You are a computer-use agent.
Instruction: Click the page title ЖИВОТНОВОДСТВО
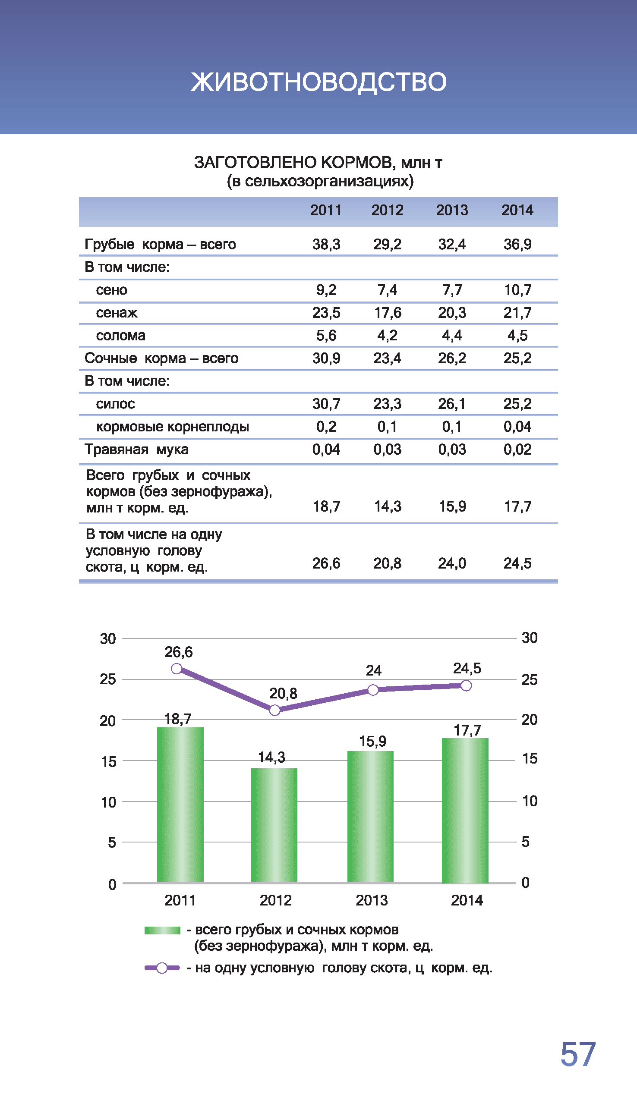click(x=318, y=82)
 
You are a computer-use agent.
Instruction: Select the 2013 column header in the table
click(x=452, y=211)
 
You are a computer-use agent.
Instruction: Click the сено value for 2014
click(x=517, y=290)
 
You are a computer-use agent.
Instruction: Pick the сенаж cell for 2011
click(x=326, y=313)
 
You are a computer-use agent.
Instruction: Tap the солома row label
click(x=121, y=336)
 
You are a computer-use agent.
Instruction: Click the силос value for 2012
click(x=387, y=404)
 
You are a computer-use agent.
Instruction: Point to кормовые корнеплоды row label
click(x=172, y=426)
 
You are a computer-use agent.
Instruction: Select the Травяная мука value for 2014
click(x=517, y=450)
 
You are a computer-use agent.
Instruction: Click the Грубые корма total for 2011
click(x=326, y=244)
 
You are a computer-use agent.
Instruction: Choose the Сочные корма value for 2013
click(x=452, y=358)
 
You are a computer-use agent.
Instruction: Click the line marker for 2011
click(x=177, y=669)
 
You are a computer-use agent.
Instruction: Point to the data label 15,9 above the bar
click(x=373, y=741)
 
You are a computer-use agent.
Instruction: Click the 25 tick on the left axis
click(x=107, y=679)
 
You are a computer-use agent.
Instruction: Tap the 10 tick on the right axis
click(x=530, y=801)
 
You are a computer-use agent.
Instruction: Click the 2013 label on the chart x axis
click(x=372, y=900)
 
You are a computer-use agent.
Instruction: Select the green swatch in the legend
click(x=162, y=931)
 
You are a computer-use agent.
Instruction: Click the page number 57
click(x=578, y=1054)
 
